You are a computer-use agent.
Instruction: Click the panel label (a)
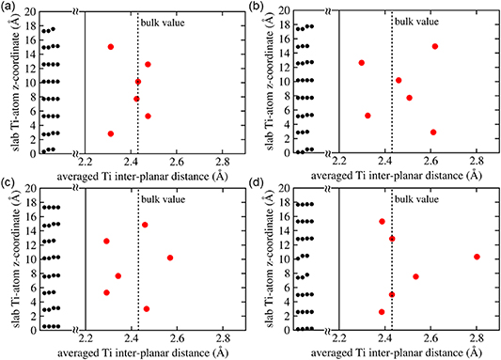10,8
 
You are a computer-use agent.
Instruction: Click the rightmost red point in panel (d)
477,257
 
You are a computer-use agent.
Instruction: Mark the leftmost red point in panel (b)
362,63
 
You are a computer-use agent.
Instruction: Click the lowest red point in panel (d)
382,312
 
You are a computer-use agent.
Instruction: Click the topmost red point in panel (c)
145,225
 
